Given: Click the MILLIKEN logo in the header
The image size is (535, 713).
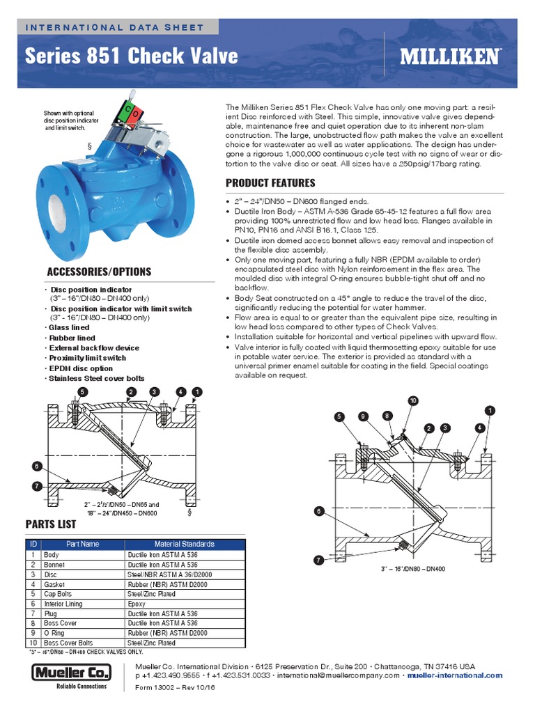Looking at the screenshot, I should pos(449,56).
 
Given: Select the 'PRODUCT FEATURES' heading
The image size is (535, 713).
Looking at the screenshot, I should pos(270,183).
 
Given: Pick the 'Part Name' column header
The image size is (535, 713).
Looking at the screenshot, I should pos(83,544).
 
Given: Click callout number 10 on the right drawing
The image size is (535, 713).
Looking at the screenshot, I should pos(412,400).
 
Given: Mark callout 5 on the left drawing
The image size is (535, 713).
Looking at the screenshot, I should pos(82,392).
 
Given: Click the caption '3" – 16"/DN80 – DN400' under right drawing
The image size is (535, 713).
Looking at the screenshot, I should pos(413,569).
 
